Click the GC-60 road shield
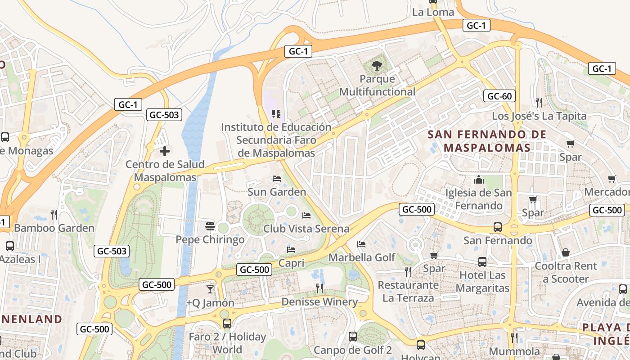coord(499,96)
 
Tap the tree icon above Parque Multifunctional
coord(376,66)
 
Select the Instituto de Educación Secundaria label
coord(276,140)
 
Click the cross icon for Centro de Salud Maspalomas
coord(165,151)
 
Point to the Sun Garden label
coord(277,192)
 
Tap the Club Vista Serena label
coord(306,229)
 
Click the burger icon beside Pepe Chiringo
coord(210,226)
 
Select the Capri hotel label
coord(291,262)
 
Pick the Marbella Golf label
coord(362,257)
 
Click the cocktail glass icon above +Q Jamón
coord(210,289)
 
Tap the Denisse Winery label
coord(319,302)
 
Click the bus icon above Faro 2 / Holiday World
coord(227,323)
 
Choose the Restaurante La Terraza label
coord(408,291)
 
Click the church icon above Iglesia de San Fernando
coord(478,180)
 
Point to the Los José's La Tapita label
coord(539,116)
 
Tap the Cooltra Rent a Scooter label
coord(566,272)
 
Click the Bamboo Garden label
coord(54,228)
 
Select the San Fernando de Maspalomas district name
coord(487,141)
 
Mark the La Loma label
coord(433,12)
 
